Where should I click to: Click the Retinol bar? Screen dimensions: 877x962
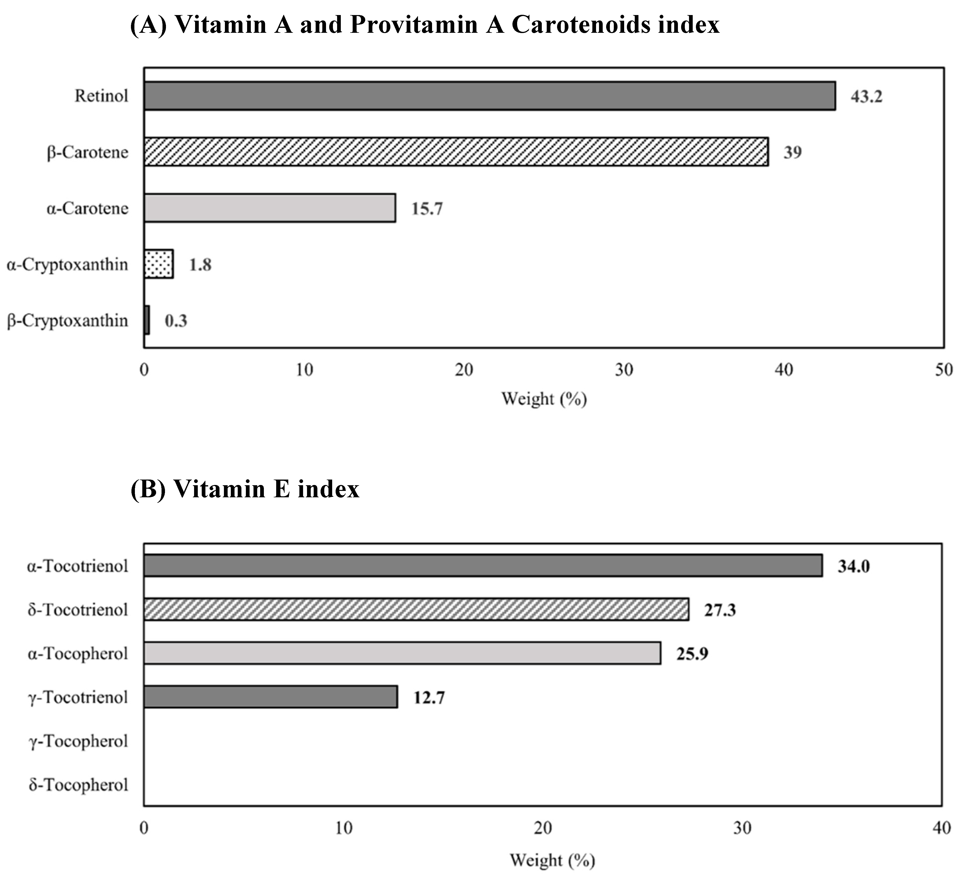pos(489,96)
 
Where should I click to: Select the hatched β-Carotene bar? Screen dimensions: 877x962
pos(456,152)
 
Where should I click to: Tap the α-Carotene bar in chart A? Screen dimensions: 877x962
pos(270,208)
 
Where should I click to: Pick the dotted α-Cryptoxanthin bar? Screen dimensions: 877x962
pos(158,264)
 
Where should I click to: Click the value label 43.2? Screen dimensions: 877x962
pos(866,97)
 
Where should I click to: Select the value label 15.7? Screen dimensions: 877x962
pos(427,209)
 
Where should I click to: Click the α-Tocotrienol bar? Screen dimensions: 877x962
pos(483,565)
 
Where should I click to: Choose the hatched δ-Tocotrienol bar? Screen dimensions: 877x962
pos(416,609)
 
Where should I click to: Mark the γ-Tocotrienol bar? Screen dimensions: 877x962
pos(271,697)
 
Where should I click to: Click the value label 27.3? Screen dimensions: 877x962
pos(720,610)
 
